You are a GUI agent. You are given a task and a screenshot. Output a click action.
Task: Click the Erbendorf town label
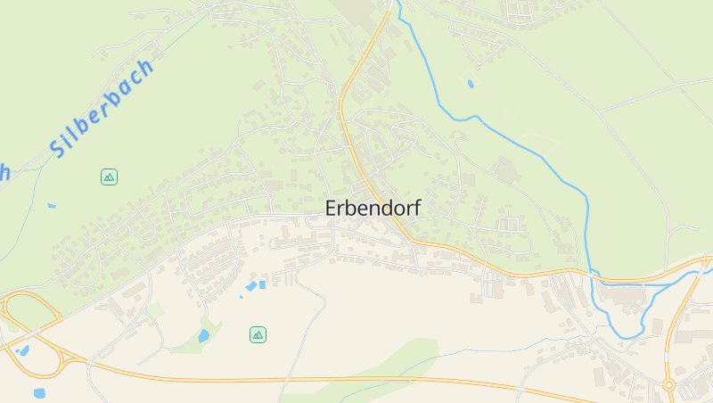(x=373, y=208)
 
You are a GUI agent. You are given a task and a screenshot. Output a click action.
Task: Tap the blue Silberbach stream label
(x=102, y=109)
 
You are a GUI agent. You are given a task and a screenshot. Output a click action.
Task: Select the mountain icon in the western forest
(x=109, y=177)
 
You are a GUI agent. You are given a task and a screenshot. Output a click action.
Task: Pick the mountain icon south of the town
(x=258, y=334)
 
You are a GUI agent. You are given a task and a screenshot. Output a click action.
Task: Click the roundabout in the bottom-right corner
(x=668, y=384)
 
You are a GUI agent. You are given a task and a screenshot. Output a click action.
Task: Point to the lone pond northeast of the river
(x=470, y=85)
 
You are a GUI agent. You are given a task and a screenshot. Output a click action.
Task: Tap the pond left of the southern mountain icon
(x=204, y=336)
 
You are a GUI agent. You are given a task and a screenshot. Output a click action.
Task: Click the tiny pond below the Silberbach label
(x=52, y=206)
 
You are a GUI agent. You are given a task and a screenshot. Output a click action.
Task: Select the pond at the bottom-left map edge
(x=39, y=393)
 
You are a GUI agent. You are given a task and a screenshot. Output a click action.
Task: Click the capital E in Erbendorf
(x=332, y=208)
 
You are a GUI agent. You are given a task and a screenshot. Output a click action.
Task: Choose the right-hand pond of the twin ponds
(x=262, y=284)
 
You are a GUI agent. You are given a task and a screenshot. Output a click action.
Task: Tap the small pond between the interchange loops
(x=23, y=350)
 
